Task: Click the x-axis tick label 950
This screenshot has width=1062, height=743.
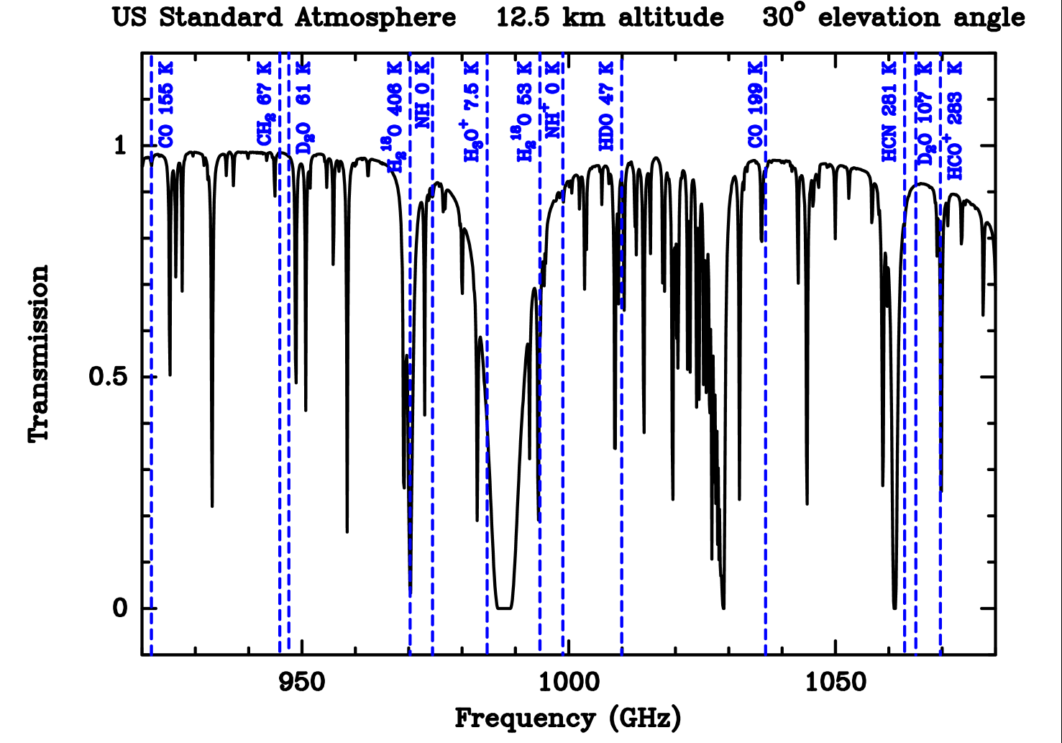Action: (x=302, y=682)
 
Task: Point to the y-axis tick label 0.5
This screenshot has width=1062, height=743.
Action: (x=109, y=377)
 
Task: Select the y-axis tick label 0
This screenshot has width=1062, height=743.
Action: (x=119, y=608)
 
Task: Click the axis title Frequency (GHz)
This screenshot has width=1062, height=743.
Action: (x=568, y=718)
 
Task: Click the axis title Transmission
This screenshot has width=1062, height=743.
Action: (x=39, y=352)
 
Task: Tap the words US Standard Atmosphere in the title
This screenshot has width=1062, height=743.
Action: (x=284, y=17)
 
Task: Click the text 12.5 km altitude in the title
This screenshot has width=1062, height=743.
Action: (x=610, y=17)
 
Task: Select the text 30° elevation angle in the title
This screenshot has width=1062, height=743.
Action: (x=894, y=17)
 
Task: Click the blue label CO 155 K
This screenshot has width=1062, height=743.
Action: (x=166, y=105)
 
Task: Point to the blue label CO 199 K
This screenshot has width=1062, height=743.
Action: (x=755, y=105)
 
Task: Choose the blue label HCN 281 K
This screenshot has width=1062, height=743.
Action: (x=889, y=111)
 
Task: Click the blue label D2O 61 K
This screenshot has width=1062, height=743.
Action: (x=304, y=108)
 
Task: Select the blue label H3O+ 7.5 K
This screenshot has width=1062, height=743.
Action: (x=472, y=111)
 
